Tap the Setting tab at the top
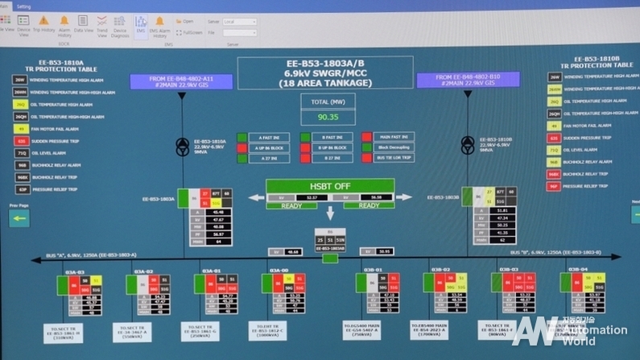[x=23, y=5]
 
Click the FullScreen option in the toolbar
[x=190, y=32]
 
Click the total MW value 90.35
[x=328, y=117]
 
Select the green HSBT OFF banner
[x=330, y=185]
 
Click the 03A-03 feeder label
[x=76, y=271]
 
